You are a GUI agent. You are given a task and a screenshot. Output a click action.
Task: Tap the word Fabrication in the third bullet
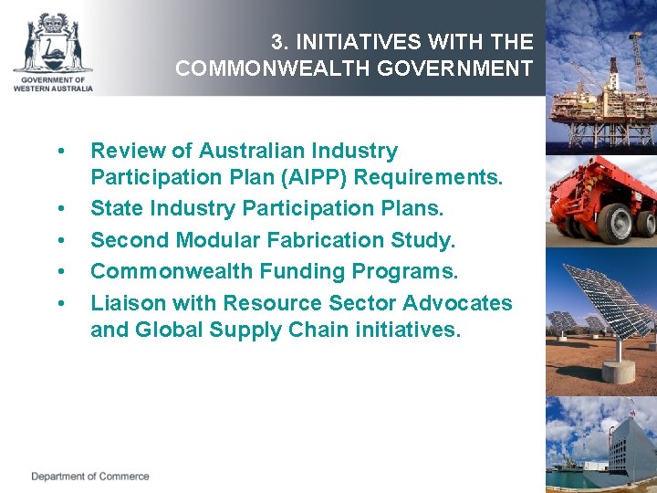[297, 240]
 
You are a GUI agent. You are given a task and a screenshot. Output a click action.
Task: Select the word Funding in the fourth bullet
[297, 271]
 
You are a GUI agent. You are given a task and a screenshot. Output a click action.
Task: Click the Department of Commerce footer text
[89, 477]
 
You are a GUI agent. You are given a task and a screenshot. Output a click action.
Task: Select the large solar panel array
[608, 301]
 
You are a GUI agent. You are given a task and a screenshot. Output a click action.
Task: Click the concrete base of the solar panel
[619, 370]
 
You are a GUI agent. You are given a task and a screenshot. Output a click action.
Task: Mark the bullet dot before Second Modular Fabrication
[60, 241]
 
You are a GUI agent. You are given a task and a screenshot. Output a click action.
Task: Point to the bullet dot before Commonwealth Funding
[60, 272]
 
